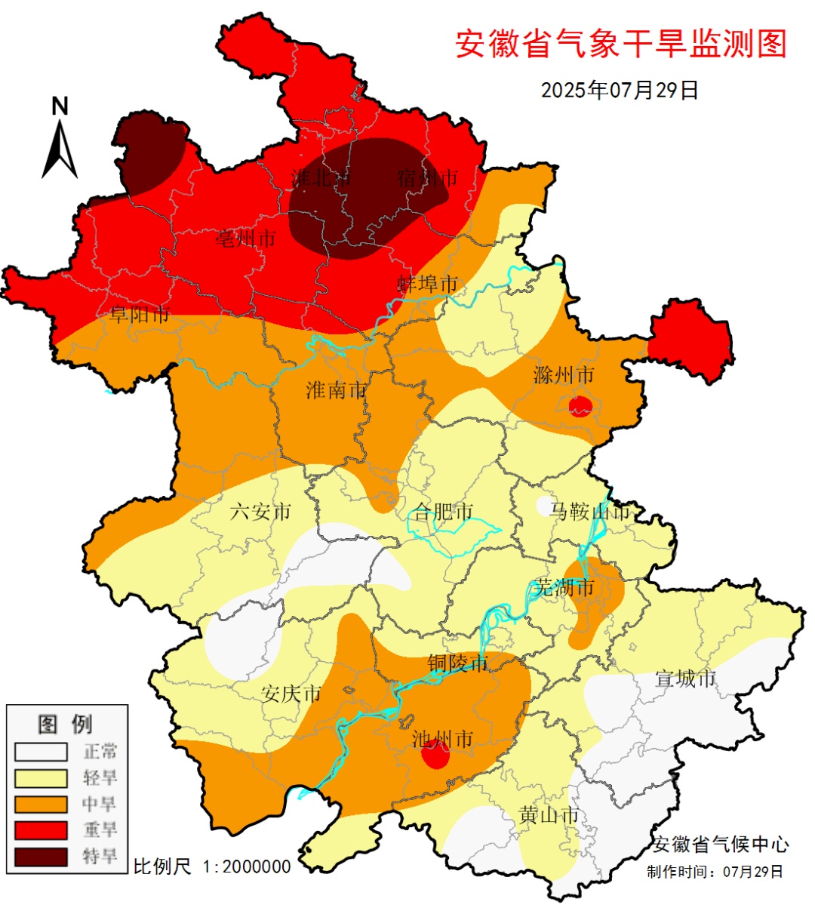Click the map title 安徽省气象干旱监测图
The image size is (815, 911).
(x=620, y=44)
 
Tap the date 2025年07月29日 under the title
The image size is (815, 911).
(x=620, y=90)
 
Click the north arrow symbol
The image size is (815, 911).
(x=60, y=140)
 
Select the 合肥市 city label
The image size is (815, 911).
(x=444, y=512)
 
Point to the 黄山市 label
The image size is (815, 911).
(x=549, y=815)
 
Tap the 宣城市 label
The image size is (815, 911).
(x=685, y=679)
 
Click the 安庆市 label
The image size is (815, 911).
(x=291, y=693)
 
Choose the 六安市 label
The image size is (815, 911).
(x=260, y=511)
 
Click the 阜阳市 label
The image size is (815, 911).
(x=140, y=315)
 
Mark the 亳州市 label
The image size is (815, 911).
(x=246, y=239)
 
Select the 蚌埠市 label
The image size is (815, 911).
(x=428, y=284)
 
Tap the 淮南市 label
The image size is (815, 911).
(x=337, y=390)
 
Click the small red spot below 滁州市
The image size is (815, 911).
(x=580, y=406)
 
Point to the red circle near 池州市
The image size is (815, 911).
(x=435, y=755)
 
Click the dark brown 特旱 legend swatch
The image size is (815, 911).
(x=41, y=856)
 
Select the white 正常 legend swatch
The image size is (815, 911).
(x=41, y=752)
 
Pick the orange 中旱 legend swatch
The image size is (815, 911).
(x=41, y=804)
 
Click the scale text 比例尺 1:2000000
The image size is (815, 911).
(x=212, y=866)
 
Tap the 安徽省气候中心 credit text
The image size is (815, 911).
(x=721, y=845)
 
